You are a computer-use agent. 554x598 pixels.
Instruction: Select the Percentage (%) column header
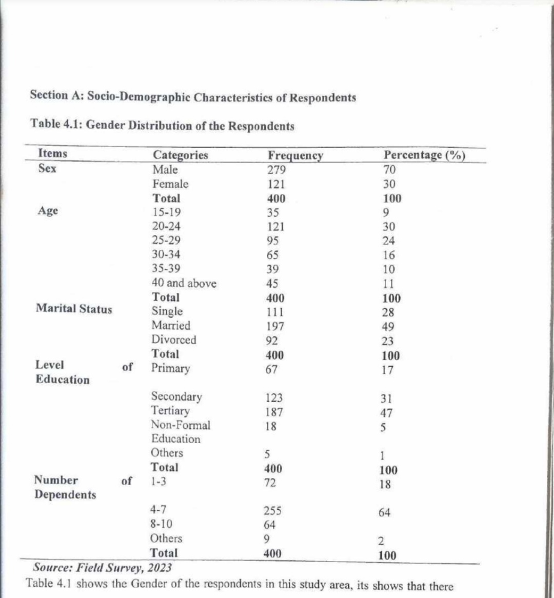(424, 155)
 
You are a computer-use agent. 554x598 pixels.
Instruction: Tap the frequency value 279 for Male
(276, 170)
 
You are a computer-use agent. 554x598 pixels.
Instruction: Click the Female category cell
(170, 184)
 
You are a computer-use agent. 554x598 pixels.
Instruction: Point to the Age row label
(48, 211)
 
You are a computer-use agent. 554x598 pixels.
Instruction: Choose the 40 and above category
(184, 283)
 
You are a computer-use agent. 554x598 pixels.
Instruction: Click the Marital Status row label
(74, 309)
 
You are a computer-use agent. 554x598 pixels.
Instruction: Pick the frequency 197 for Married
(275, 326)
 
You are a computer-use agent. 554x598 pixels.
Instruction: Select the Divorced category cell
(173, 340)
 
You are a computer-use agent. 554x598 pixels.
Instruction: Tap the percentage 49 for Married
(388, 327)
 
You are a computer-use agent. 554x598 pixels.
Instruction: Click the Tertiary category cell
(170, 411)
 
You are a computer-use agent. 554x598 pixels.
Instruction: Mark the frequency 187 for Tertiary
(274, 412)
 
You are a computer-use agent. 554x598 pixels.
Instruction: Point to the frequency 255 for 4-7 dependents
(272, 511)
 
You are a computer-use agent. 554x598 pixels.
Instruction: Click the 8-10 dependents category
(161, 524)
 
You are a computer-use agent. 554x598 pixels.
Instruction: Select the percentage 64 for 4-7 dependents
(384, 512)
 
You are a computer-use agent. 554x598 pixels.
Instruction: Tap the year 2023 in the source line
(159, 568)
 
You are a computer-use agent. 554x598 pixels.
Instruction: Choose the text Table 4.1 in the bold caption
(56, 125)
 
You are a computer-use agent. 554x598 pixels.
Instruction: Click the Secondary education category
(176, 397)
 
